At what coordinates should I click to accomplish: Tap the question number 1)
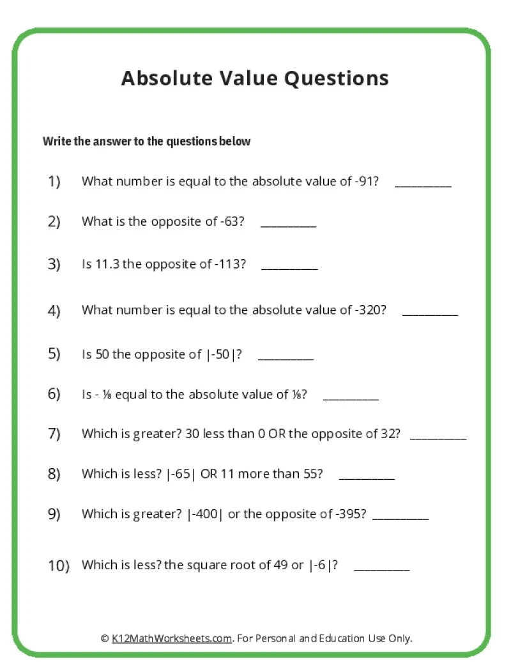click(x=54, y=182)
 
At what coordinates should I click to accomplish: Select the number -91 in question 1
click(x=365, y=182)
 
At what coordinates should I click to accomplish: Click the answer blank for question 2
click(x=289, y=226)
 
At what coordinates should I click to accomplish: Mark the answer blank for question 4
click(x=431, y=314)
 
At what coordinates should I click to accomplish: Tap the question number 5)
click(x=54, y=354)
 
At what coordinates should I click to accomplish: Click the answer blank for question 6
click(x=351, y=398)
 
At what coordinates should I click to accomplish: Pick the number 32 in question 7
click(x=390, y=434)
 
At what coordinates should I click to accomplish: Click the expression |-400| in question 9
click(x=205, y=514)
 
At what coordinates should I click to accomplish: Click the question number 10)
click(x=59, y=566)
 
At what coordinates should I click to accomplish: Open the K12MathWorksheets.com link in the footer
click(x=172, y=638)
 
